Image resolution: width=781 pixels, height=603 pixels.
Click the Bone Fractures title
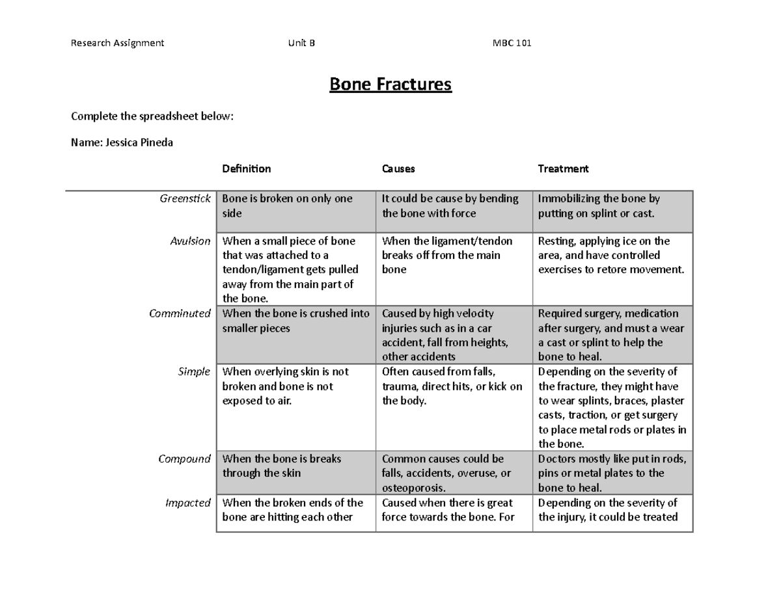[390, 85]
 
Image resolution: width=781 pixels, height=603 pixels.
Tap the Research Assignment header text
[117, 44]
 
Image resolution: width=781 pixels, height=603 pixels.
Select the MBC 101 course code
[512, 44]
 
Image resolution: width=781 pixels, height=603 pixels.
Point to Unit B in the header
[301, 44]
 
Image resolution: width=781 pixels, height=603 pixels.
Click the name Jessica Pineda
[122, 142]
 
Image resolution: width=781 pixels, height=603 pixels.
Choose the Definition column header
[246, 168]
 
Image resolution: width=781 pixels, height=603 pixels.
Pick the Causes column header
[398, 168]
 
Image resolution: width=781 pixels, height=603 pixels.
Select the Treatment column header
[563, 168]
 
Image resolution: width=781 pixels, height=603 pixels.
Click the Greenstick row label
[185, 199]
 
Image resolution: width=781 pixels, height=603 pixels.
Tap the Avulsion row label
[190, 241]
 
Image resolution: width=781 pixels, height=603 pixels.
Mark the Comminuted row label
[180, 314]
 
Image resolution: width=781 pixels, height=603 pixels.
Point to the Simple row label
[194, 371]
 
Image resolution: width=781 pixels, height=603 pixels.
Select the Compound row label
[185, 459]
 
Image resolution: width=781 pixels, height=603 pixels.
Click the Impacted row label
[188, 503]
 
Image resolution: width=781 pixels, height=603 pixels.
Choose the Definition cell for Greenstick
[295, 206]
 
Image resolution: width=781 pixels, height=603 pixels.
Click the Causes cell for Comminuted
[454, 335]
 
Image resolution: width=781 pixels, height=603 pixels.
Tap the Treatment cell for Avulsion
[612, 256]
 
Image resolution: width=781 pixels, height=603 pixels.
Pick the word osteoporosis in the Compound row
[413, 488]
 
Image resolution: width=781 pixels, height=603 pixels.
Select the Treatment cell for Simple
[612, 408]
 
